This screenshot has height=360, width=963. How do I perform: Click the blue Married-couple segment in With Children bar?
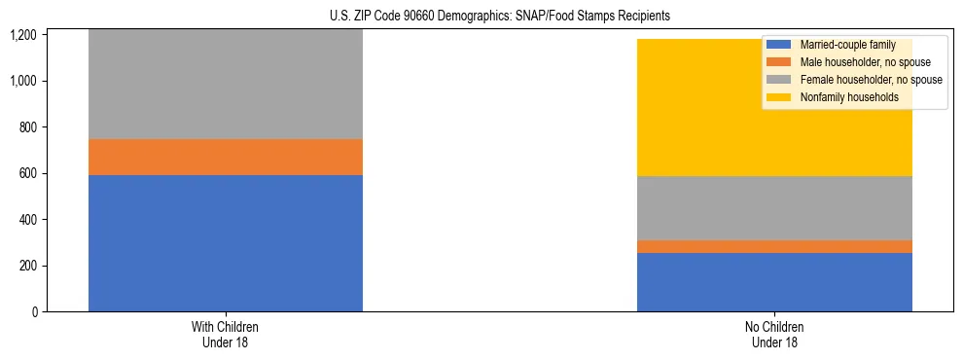click(225, 243)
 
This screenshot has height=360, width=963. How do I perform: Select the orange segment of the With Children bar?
click(225, 157)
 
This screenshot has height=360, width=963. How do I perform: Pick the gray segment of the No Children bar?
click(774, 208)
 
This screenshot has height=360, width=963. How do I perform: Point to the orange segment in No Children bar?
click(774, 246)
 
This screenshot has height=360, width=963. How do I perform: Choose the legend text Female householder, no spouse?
click(871, 80)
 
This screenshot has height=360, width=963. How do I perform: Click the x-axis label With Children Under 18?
click(225, 335)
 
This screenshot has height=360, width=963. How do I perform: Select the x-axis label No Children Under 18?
click(774, 335)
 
